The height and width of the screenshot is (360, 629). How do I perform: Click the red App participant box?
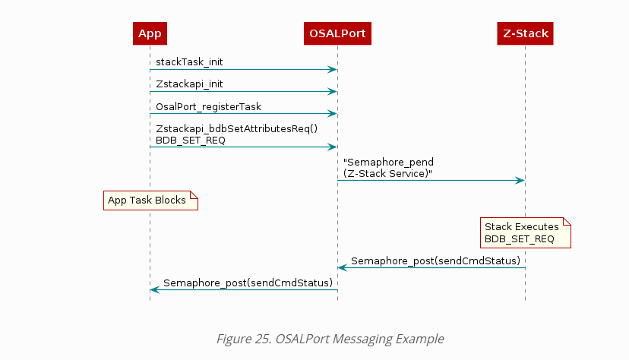pyautogui.click(x=150, y=33)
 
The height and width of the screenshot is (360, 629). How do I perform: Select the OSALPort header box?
pyautogui.click(x=337, y=33)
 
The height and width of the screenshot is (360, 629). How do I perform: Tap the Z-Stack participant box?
pyautogui.click(x=525, y=33)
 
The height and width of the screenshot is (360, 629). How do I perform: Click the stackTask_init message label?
pyautogui.click(x=190, y=61)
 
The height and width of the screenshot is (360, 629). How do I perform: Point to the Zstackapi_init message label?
pyautogui.click(x=190, y=83)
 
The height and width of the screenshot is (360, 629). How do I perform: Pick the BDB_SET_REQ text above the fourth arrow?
pyautogui.click(x=190, y=140)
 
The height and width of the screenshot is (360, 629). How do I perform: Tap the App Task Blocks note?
pyautogui.click(x=150, y=201)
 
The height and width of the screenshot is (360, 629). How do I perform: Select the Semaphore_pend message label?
pyautogui.click(x=389, y=163)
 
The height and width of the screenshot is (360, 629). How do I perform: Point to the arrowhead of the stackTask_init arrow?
pyautogui.click(x=332, y=70)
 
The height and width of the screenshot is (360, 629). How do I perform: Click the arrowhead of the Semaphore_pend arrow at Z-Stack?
pyautogui.click(x=520, y=180)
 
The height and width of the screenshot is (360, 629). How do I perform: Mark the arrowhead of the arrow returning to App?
pyautogui.click(x=155, y=289)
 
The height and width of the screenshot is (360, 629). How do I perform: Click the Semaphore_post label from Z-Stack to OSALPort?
pyautogui.click(x=435, y=261)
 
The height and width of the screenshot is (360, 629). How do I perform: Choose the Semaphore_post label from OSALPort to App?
pyautogui.click(x=248, y=283)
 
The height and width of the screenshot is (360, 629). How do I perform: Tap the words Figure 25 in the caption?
pyautogui.click(x=242, y=339)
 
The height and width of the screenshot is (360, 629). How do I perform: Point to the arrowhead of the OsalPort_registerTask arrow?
pyautogui.click(x=332, y=114)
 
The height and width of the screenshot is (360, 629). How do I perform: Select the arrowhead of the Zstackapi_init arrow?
pyautogui.click(x=332, y=92)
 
